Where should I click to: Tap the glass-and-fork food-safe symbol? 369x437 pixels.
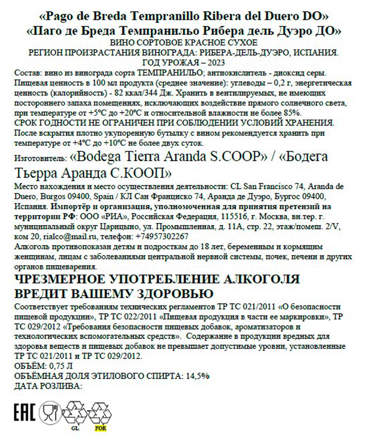50,412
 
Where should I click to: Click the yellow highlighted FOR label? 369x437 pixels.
100,428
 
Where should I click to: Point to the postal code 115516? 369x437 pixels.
232,217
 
